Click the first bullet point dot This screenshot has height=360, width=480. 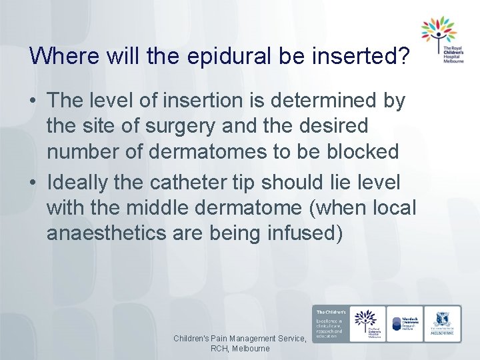click(33, 101)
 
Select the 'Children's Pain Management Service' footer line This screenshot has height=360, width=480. click(240, 339)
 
